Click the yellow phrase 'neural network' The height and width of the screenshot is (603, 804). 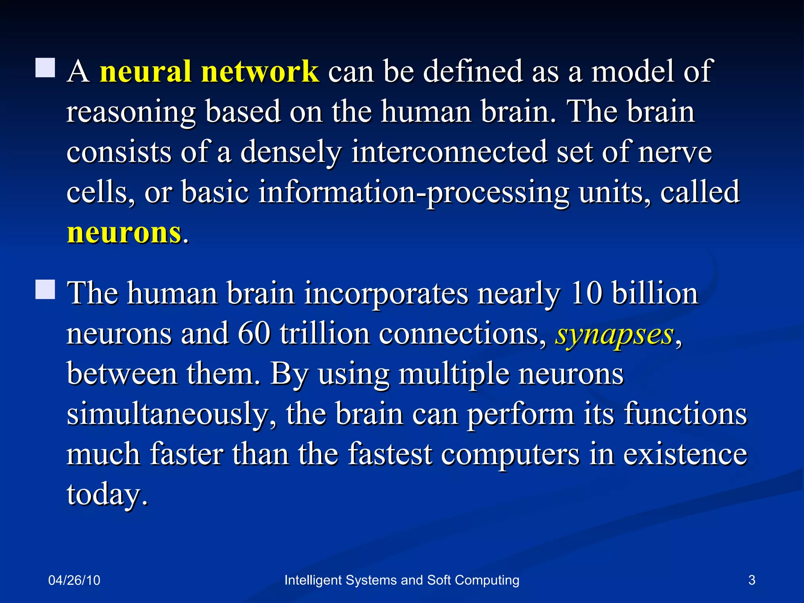click(x=209, y=71)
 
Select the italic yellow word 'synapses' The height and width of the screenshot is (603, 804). click(x=615, y=334)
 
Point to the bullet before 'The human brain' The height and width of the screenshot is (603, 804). click(x=45, y=290)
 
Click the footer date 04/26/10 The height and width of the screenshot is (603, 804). click(x=74, y=580)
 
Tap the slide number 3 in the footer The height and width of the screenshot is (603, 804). click(x=752, y=580)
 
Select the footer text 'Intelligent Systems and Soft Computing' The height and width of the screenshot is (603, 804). click(x=402, y=580)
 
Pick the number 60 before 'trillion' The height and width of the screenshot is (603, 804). click(x=254, y=334)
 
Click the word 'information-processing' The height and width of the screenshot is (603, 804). click(x=414, y=192)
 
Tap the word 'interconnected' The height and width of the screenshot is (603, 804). click(x=449, y=152)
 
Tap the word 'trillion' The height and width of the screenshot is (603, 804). click(x=325, y=334)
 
